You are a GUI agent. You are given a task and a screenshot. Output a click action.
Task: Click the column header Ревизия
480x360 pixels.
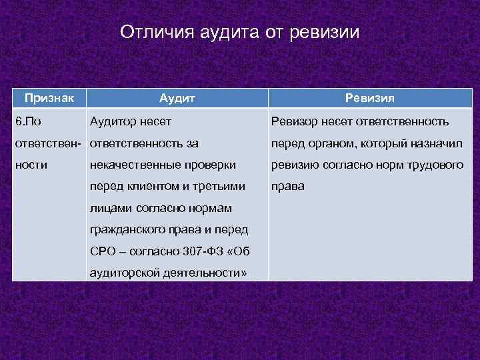pos(370,98)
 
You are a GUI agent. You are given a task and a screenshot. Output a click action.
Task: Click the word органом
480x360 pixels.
pos(335,143)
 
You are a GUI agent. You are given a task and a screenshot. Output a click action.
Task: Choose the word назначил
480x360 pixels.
pos(437,143)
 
